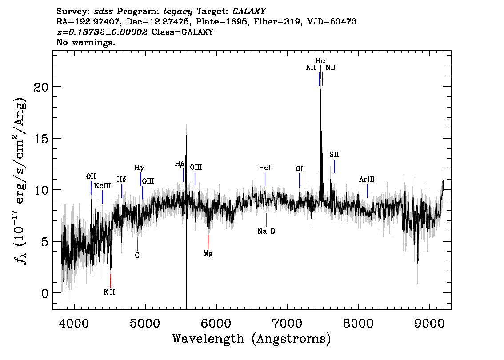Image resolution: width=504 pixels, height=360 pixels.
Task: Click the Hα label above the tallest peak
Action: point(320,61)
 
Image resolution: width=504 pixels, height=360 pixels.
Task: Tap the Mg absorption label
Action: point(208,254)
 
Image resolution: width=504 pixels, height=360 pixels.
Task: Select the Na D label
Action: point(266,231)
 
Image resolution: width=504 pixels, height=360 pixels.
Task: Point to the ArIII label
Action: point(367,180)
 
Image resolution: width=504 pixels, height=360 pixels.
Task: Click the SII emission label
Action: point(334,155)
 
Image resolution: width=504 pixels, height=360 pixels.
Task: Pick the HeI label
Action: point(265,168)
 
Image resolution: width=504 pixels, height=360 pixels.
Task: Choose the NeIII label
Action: point(103,186)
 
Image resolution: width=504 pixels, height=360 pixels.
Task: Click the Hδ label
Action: point(121,180)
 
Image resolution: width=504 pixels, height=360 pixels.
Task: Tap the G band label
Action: point(137,256)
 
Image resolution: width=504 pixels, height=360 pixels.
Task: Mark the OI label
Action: point(299,169)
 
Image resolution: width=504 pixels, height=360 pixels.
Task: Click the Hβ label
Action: point(180,164)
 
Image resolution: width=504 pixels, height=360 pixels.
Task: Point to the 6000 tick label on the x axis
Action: point(216,323)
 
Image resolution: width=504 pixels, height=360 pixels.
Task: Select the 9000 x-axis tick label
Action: point(429,323)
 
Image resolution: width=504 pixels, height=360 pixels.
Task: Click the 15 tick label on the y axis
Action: point(41,139)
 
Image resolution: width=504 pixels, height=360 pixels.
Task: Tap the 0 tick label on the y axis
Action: point(45,293)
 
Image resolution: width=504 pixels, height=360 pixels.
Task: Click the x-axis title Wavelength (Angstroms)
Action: point(252,339)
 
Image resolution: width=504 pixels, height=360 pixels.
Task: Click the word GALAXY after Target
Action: point(249,11)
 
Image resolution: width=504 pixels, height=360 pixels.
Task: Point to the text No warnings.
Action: point(85,42)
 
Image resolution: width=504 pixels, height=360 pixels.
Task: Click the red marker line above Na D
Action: point(267,220)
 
